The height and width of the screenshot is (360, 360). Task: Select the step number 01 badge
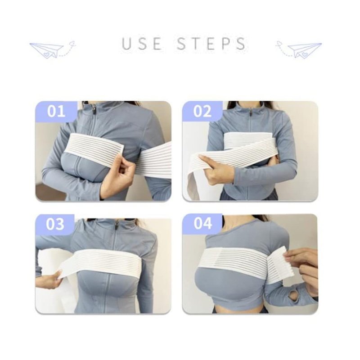click(56, 111)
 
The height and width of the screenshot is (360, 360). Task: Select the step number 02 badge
click(202, 111)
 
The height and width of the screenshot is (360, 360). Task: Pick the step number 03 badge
click(55, 224)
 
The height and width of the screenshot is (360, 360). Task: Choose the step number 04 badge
click(202, 223)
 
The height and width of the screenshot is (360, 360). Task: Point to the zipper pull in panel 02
click(251, 113)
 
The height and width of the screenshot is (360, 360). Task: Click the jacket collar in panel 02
click(250, 108)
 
